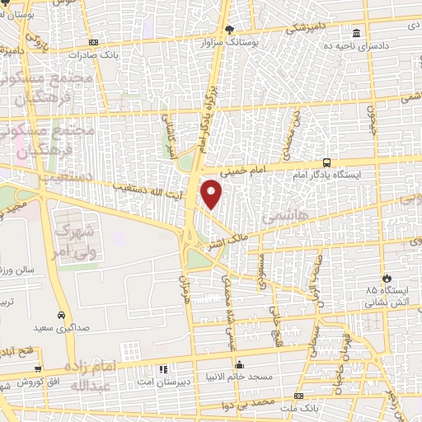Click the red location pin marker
click(x=212, y=194)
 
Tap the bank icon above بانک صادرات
click(x=93, y=42)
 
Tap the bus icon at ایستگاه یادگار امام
click(x=327, y=162)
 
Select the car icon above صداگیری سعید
click(x=62, y=315)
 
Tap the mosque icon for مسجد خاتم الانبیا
click(x=240, y=364)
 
